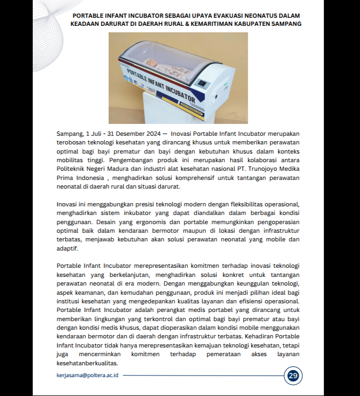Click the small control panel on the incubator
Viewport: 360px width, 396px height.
(x=202, y=84)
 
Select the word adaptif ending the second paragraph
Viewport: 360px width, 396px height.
(x=68, y=248)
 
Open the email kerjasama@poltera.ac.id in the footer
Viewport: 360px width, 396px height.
(x=87, y=375)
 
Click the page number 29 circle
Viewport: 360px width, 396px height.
(x=293, y=376)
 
